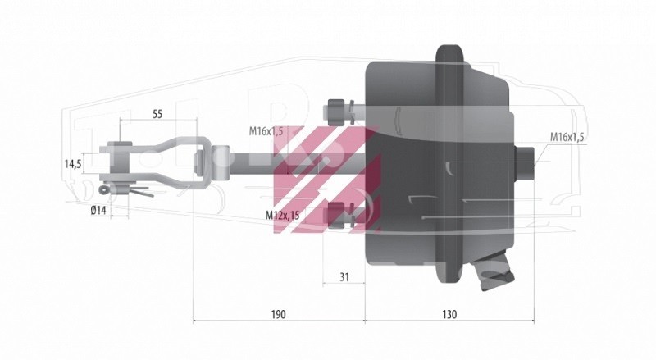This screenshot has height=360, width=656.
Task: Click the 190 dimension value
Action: [x=278, y=314]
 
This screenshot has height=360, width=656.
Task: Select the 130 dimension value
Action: [x=449, y=314]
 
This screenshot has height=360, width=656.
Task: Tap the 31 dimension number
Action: [x=344, y=276]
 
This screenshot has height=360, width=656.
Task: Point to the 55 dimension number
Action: [x=157, y=114]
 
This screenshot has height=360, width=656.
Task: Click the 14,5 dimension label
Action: [x=73, y=164]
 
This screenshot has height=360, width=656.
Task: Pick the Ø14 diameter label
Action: [x=98, y=211]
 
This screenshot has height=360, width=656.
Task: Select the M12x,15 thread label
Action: [x=282, y=216]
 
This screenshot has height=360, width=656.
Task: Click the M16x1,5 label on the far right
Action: [x=567, y=137]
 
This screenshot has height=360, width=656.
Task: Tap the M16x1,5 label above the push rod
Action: [x=266, y=131]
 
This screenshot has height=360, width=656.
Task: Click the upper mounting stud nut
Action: [x=336, y=112]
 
